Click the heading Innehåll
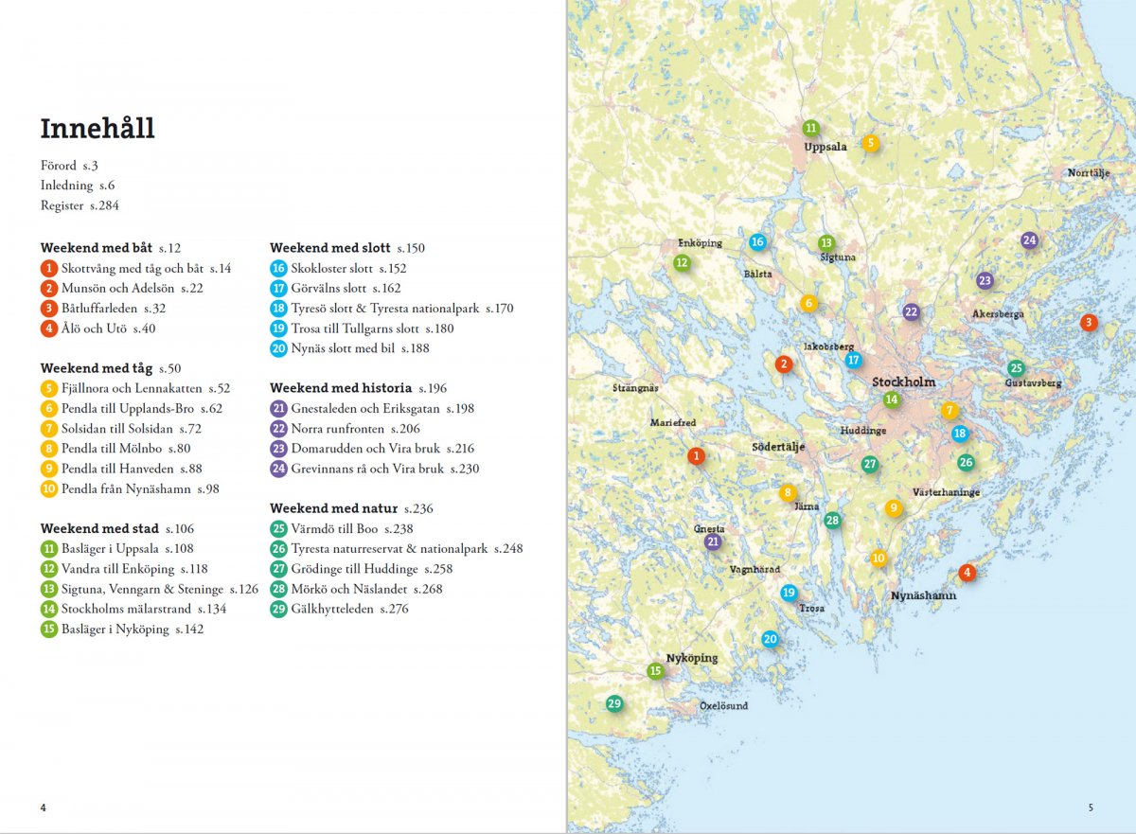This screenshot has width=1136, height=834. [x=98, y=129]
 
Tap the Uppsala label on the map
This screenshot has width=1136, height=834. [x=825, y=148]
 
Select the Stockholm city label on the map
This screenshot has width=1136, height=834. [x=903, y=382]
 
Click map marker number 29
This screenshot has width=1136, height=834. [x=614, y=703]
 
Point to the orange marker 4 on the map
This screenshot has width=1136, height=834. [x=966, y=573]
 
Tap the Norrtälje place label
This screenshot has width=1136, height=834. [x=1089, y=173]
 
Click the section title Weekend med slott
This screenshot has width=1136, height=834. [x=330, y=248]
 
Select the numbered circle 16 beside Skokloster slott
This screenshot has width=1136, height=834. [x=278, y=268]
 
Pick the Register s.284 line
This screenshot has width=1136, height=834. [x=80, y=205]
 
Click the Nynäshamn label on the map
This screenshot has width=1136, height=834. [x=923, y=595]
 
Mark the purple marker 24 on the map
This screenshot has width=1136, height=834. [x=1029, y=240]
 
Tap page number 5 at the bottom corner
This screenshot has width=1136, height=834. [x=1090, y=807]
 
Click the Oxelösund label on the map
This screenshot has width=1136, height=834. [x=723, y=706]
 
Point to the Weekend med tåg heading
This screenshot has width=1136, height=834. [x=97, y=368]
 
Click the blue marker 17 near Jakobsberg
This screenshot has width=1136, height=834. [x=853, y=360]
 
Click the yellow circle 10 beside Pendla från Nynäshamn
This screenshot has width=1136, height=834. [x=49, y=488]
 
